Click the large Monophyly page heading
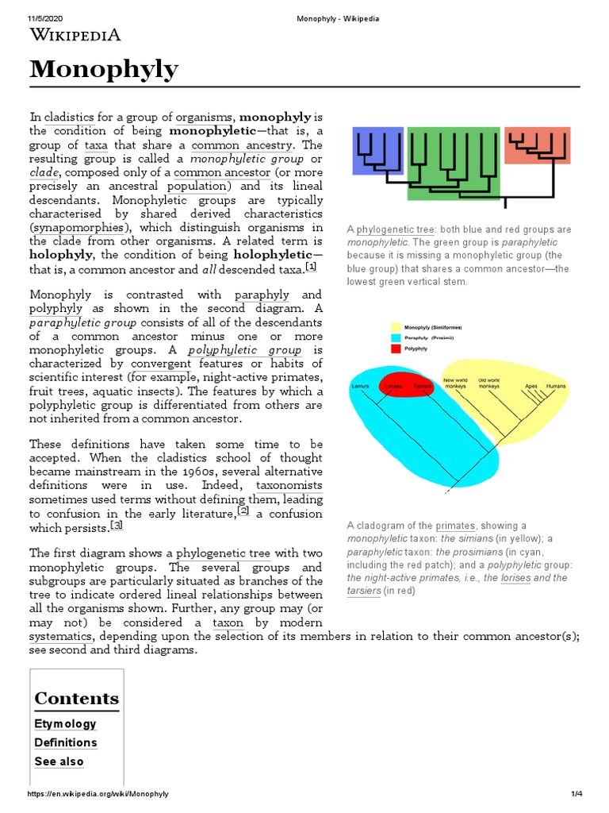(104, 71)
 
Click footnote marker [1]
(311, 267)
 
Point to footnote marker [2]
(243, 511)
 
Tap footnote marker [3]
(117, 526)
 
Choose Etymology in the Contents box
(65, 723)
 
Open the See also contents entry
(59, 761)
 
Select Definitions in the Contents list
(66, 742)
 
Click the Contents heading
(76, 699)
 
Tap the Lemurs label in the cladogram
(361, 386)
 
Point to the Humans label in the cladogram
(556, 386)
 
